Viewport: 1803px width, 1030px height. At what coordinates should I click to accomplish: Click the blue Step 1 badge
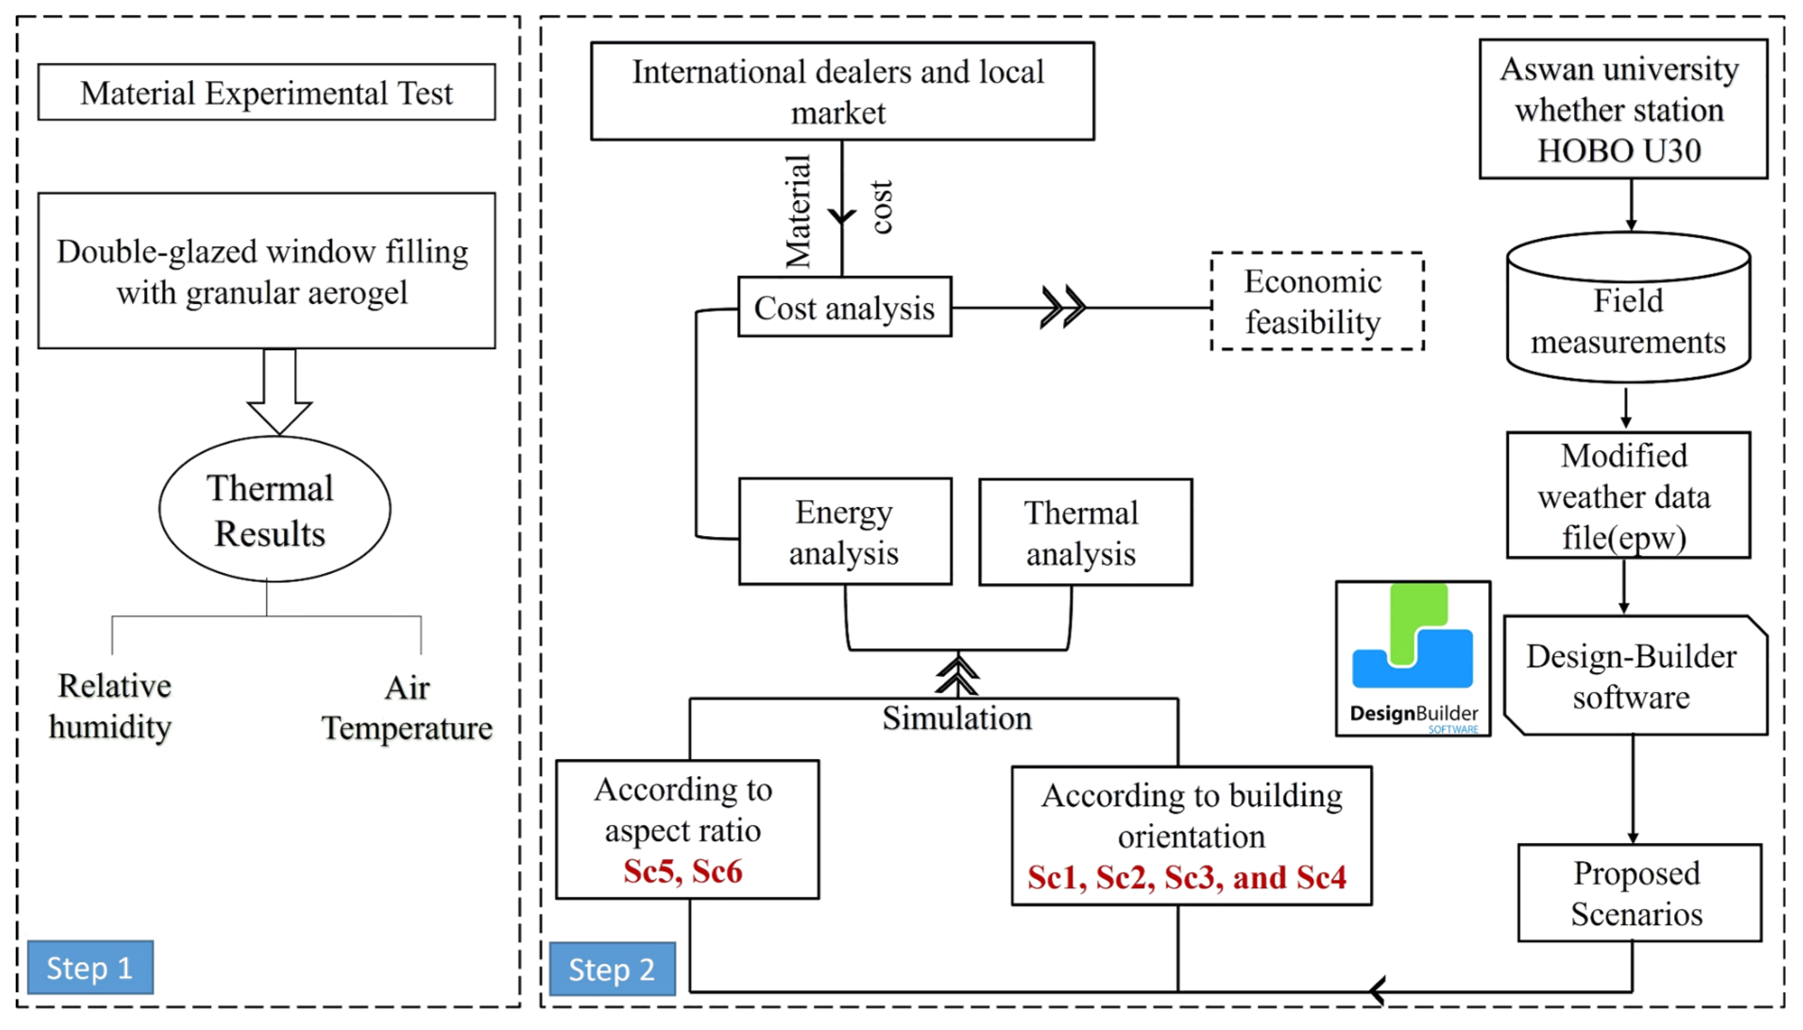90,967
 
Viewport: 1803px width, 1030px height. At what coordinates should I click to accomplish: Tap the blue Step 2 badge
612,969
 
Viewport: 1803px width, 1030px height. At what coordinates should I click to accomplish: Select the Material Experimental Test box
267,93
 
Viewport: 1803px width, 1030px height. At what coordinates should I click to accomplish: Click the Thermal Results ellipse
274,509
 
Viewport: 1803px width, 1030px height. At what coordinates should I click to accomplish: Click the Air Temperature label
407,708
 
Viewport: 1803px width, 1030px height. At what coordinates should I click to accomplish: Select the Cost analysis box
845,307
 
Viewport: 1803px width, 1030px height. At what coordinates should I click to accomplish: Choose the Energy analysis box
845,532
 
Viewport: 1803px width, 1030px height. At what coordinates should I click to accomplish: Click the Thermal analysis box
1084,532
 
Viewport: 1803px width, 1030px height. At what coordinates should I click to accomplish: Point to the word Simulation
957,718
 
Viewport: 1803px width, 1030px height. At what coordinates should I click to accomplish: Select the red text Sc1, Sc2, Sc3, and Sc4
1187,877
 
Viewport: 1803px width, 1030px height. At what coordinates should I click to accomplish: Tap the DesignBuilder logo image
1413,659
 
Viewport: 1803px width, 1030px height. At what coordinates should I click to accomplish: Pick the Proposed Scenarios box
1638,893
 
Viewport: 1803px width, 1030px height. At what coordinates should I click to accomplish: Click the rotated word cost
881,207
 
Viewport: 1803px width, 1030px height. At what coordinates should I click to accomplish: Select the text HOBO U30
1618,151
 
